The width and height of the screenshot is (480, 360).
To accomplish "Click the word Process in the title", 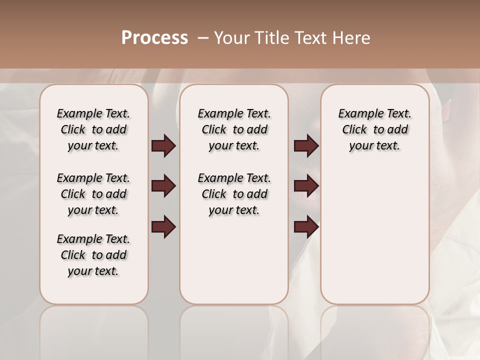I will pos(154,38).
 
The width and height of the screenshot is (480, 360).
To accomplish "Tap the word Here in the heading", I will pos(351,38).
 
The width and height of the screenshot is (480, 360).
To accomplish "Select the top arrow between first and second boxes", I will pos(163,146).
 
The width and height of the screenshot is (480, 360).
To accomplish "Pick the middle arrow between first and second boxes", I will pos(163,186).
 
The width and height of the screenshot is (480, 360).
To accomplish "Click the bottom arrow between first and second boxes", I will pos(163,227).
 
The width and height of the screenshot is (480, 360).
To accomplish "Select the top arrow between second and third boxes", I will pos(306,146).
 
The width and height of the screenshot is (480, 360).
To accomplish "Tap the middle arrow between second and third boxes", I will pos(306,186).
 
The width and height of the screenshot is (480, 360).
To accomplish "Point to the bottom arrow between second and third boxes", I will pos(306,227).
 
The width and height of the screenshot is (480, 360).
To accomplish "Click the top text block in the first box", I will pos(93,129).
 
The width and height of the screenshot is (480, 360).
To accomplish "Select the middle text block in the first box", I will pos(93,194).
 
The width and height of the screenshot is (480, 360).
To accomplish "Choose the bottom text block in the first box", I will pos(93,255).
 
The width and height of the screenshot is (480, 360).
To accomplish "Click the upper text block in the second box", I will pos(234,129).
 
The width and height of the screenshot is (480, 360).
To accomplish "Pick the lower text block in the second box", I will pos(234,194).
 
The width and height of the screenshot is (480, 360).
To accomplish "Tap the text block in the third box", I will pos(374,129).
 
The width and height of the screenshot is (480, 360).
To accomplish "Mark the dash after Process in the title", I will pos(203,38).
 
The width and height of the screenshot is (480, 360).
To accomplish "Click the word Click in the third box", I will pos(354,130).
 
